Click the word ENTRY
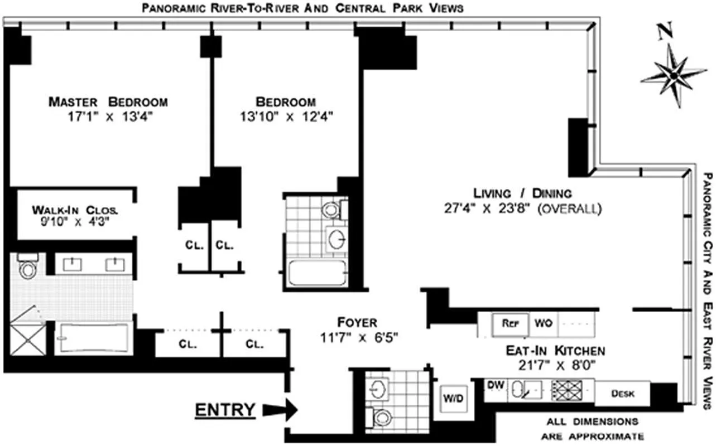tap(224, 410)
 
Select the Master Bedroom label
tap(108, 102)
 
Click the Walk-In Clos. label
tap(75, 210)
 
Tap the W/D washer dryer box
tap(451, 399)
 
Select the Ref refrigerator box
tap(509, 323)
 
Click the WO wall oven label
tap(543, 323)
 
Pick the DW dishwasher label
tap(494, 385)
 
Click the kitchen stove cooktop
tap(566, 389)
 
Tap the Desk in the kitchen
tap(622, 394)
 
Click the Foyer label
tap(357, 322)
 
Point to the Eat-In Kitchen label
tap(555, 351)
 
